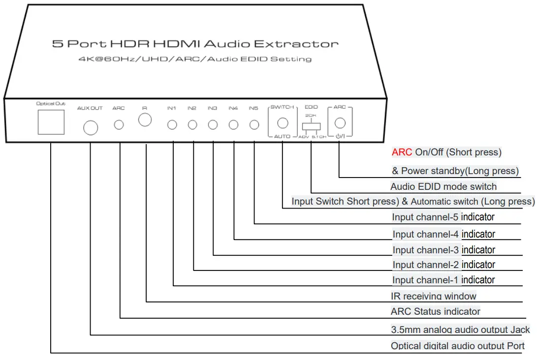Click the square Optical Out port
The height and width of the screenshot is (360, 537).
51,122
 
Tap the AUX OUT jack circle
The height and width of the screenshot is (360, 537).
90,128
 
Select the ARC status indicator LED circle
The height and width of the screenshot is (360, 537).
119,125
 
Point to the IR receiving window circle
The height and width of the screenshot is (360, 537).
145,120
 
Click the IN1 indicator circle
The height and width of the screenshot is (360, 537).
172,125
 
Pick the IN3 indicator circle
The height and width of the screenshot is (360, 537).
213,125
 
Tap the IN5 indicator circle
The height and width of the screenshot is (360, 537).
254,125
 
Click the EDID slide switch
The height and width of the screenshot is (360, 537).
312,126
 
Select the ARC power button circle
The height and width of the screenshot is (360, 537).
340,123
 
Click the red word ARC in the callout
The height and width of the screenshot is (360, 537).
402,152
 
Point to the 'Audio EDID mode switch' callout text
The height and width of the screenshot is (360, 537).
443,186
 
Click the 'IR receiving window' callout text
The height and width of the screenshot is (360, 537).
433,296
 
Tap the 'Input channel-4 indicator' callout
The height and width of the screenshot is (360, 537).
443,234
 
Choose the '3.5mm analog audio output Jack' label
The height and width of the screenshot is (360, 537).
460,330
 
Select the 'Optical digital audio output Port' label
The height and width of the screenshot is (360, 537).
458,346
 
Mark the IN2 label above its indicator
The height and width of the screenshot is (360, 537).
191,108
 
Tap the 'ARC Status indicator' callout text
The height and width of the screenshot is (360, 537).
435,311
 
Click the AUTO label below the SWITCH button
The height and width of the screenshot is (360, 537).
282,137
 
